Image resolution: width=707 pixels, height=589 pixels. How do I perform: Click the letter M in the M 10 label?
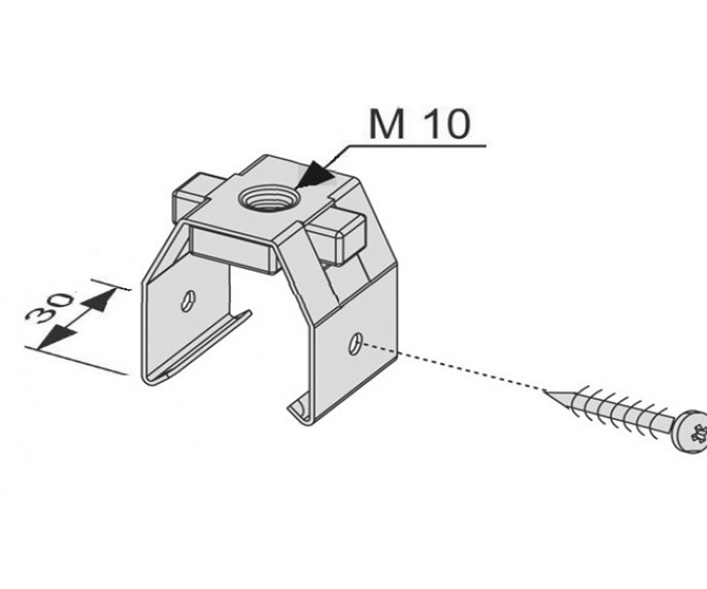tap(386, 124)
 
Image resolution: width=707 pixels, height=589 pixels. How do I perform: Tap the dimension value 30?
tap(49, 309)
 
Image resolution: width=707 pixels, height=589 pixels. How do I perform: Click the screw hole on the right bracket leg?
tap(355, 344)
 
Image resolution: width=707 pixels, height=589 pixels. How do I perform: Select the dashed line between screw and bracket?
tap(452, 368)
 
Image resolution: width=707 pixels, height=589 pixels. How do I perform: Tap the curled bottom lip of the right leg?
tap(300, 409)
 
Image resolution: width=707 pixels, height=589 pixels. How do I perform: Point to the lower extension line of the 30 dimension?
tap(77, 360)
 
